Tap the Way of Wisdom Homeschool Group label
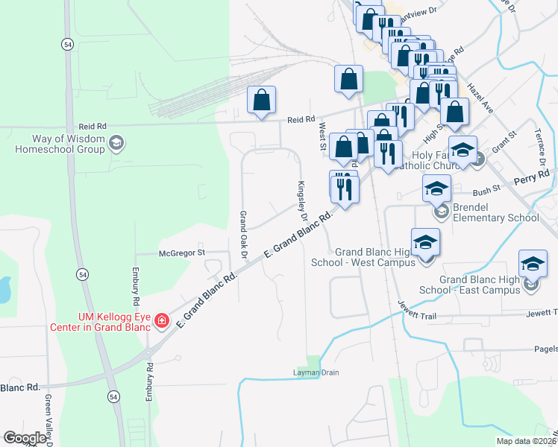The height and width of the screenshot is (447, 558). (x=69, y=144)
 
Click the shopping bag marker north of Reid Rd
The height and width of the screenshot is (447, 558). (x=261, y=101)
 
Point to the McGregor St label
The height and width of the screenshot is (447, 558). (x=182, y=253)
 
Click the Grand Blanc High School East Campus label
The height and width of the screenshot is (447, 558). (x=479, y=284)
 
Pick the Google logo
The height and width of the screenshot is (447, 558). (x=25, y=438)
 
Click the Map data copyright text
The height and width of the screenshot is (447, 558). (x=524, y=441)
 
